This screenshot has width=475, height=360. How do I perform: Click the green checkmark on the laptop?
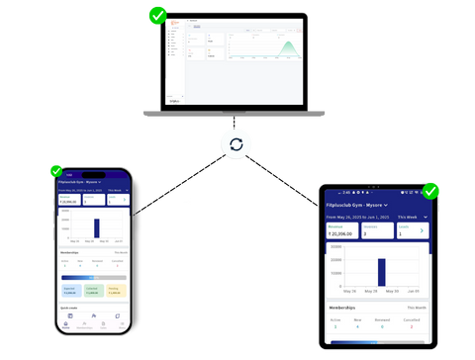pos(156,16)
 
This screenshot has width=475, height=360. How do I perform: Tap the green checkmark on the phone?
pos(55,171)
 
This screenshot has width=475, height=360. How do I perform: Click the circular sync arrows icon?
pos(237,144)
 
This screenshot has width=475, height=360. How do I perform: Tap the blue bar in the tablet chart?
pos(380,271)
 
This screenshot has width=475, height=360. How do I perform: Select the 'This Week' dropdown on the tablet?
pos(408,217)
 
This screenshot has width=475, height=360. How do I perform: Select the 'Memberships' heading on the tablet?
pos(345,309)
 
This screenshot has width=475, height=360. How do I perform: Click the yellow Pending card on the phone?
pos(115,291)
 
